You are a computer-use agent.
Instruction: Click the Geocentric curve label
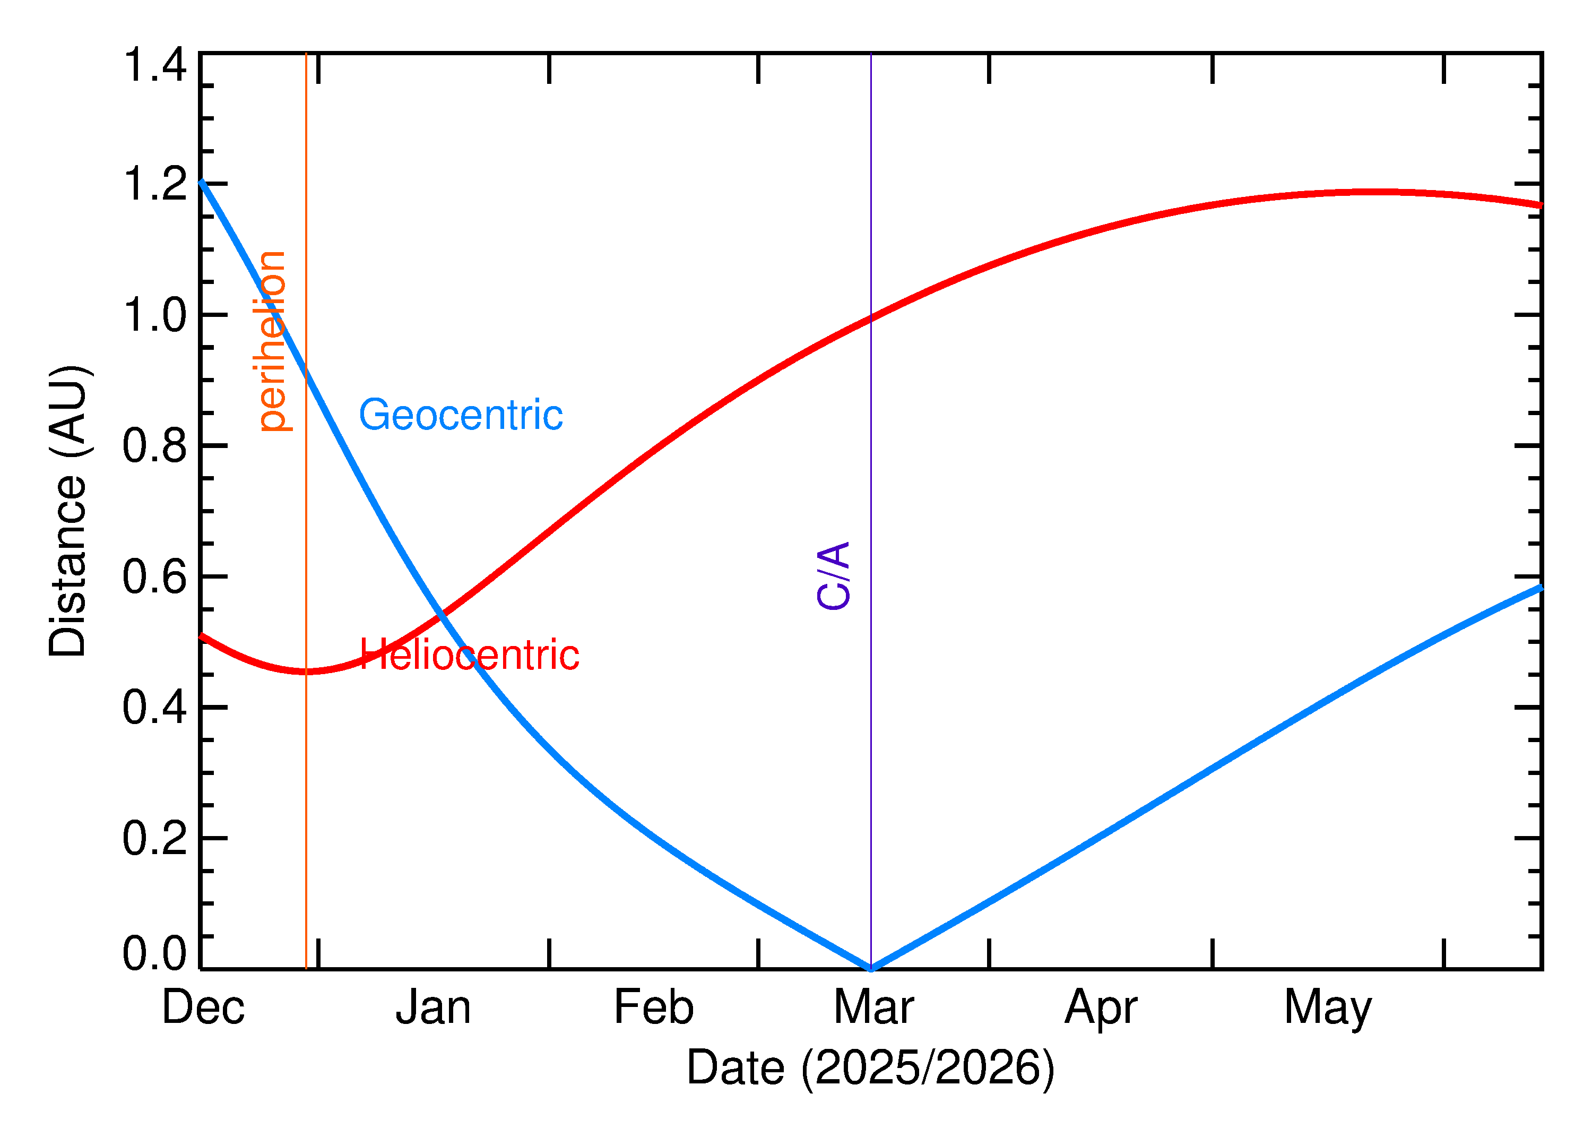[x=460, y=415]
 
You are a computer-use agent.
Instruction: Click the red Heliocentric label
[x=469, y=655]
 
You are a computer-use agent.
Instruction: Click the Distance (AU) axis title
[x=67, y=511]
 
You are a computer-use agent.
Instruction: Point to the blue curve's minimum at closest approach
[x=871, y=968]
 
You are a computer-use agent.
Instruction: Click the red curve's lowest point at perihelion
[x=306, y=671]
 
